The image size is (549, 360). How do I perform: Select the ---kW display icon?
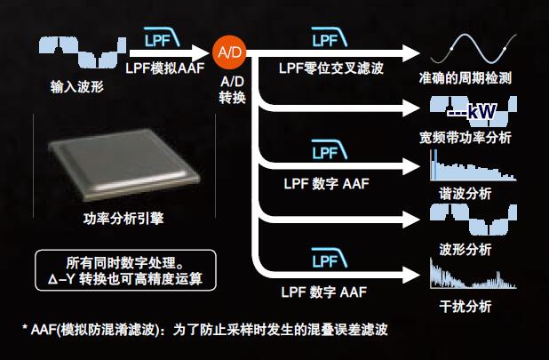pyautogui.click(x=471, y=110)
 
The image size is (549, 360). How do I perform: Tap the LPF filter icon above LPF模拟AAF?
pyautogui.click(x=162, y=41)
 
